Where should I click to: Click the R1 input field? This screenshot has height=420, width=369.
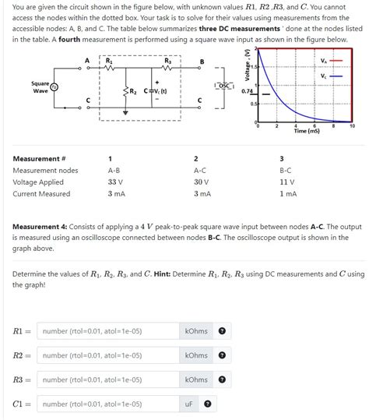point(107,331)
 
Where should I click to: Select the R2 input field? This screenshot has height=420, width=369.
point(107,355)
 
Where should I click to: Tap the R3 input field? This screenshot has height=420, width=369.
point(107,379)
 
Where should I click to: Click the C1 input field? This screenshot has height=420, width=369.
point(107,404)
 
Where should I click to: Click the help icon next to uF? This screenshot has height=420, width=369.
point(208,404)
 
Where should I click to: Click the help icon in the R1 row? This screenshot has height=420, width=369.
point(222,331)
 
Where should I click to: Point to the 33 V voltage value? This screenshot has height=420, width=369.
point(116,182)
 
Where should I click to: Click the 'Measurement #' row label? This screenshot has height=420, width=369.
point(40,158)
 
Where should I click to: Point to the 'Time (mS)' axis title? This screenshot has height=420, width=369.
point(306,132)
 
